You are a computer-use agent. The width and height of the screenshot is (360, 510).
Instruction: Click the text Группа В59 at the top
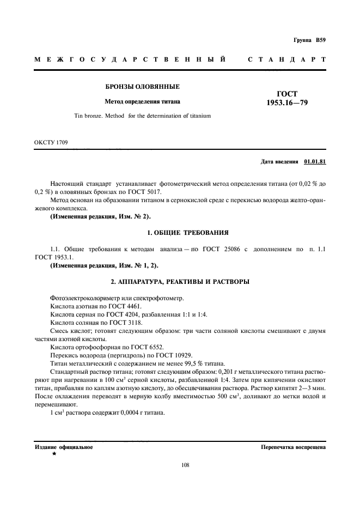(309, 41)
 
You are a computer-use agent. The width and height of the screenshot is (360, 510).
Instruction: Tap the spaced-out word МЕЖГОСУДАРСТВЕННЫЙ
(130, 59)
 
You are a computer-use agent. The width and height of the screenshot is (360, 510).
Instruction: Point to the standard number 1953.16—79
(287, 102)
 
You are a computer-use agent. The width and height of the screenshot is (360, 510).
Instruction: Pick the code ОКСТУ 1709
(51, 142)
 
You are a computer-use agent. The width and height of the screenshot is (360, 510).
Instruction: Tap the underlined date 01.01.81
(315, 162)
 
